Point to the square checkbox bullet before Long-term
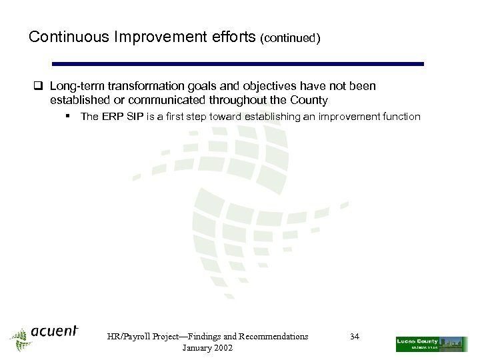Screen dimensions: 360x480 (x=38, y=86)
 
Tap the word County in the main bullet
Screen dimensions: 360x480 (x=309, y=101)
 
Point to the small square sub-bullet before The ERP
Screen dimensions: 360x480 (x=68, y=117)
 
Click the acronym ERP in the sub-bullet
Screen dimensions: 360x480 (x=111, y=117)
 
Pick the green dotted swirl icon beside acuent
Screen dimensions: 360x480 (x=20, y=339)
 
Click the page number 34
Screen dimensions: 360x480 (x=355, y=337)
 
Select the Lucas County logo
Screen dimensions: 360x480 (x=431, y=344)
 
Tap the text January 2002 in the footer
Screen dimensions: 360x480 (x=207, y=349)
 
